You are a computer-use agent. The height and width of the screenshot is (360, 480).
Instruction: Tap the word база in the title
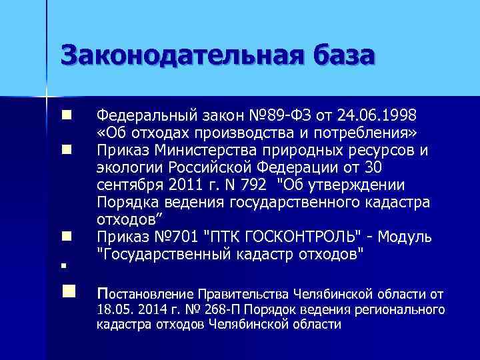[339, 55]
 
